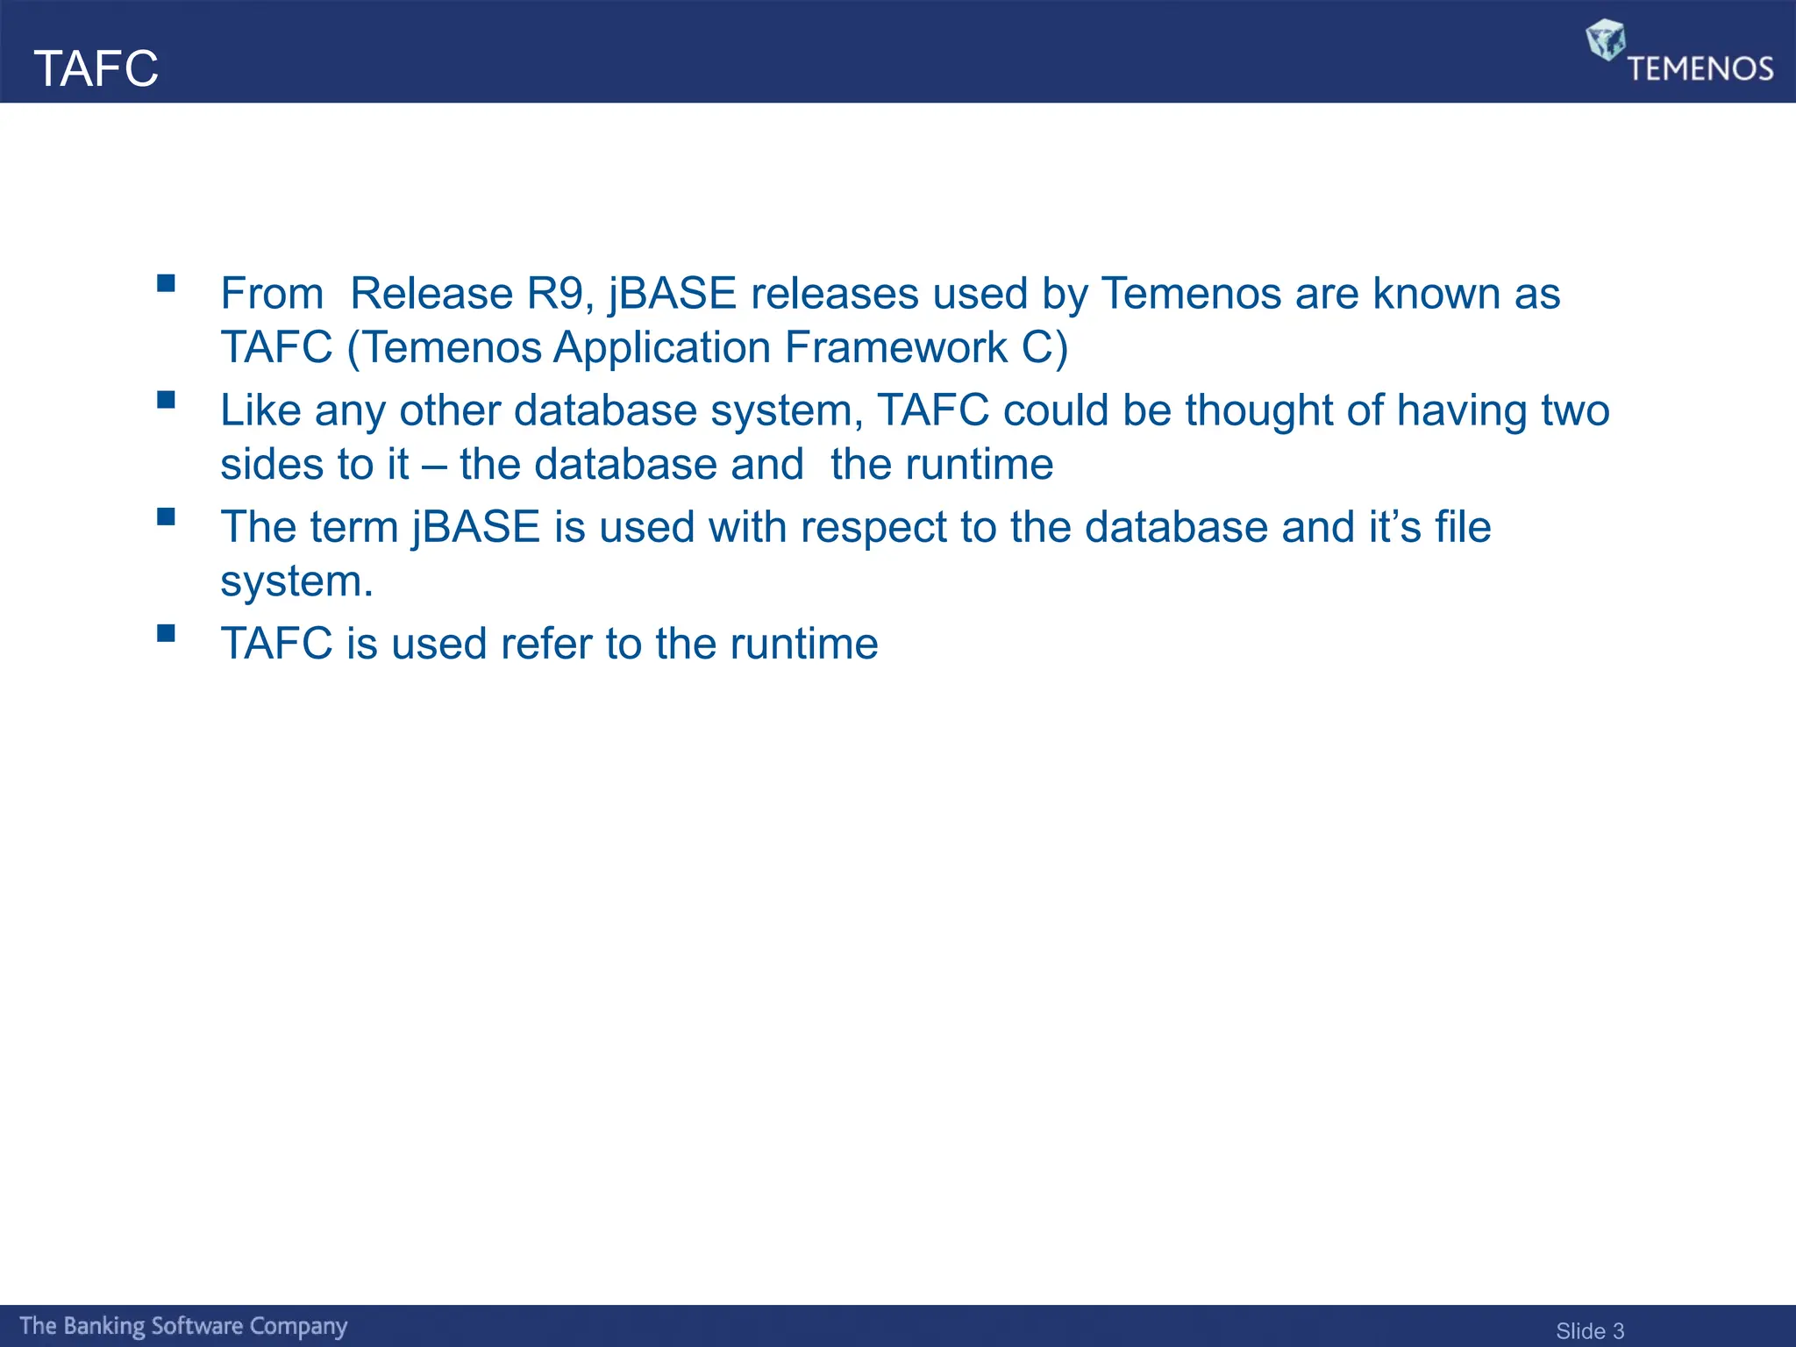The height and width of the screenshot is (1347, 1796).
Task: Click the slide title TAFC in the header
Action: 96,68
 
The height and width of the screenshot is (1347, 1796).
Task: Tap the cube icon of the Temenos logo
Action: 1605,40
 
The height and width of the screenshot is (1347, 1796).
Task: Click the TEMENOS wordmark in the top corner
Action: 1700,69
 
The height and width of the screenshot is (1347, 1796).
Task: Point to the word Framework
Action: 896,347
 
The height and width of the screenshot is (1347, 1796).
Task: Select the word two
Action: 1575,410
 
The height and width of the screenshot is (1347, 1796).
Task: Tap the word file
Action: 1463,527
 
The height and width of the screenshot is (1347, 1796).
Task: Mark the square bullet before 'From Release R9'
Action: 166,283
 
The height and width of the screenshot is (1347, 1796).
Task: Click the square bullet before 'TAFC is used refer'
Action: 166,633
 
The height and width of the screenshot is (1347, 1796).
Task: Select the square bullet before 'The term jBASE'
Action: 166,517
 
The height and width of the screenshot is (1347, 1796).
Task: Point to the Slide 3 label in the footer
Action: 1589,1330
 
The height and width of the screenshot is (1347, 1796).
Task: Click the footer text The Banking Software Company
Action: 183,1326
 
